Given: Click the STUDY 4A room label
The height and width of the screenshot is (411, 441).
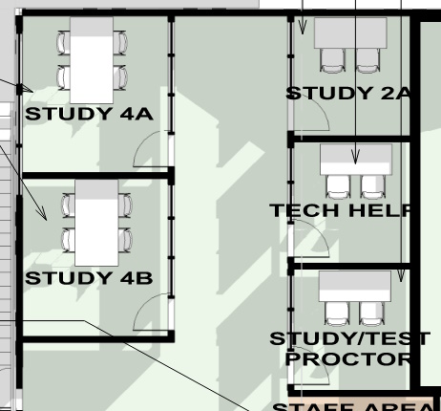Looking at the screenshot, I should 88,114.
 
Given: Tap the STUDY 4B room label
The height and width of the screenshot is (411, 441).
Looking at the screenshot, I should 88,278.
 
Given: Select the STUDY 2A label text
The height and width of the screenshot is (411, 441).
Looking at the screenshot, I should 348,93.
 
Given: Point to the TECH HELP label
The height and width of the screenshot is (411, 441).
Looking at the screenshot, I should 342,210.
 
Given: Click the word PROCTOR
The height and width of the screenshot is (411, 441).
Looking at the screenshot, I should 348,358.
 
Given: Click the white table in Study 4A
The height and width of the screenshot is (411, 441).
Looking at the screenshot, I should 93,60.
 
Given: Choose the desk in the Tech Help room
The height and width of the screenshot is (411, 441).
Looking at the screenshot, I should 355,159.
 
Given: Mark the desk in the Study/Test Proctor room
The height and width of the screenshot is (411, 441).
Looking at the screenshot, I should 354,285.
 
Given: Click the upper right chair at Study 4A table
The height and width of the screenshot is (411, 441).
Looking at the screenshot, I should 120,43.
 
